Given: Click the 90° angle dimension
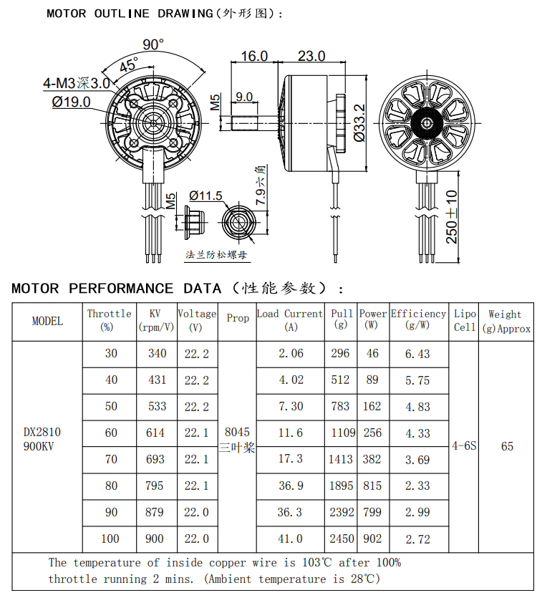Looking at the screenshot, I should tap(153, 44).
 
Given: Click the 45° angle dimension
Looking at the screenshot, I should tap(129, 65).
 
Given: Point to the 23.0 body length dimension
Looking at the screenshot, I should tap(311, 56).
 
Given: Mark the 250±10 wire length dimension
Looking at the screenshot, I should tap(452, 216).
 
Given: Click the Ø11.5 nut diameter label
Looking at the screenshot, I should tap(205, 196).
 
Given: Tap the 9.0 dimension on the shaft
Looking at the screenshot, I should tap(243, 97).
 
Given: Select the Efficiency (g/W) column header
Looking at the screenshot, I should tap(418, 319).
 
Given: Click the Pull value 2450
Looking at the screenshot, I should tap(341, 539).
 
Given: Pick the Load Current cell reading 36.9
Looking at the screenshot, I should tap(290, 486).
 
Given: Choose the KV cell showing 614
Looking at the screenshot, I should tap(156, 433).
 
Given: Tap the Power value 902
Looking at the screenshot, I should tap(372, 539).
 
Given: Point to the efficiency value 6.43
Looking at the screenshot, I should tap(417, 353).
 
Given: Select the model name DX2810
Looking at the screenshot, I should tap(42, 432).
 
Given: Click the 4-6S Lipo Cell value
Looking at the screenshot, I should tap(464, 445).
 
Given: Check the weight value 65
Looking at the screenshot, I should tap(507, 445).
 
